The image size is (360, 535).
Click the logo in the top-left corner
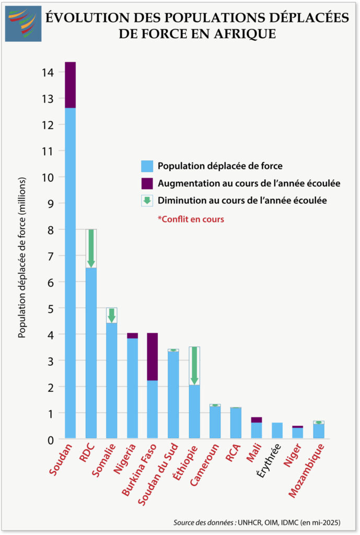point(23,24)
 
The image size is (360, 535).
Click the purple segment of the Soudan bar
point(70,85)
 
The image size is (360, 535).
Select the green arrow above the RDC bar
point(91,249)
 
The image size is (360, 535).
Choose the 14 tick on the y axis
point(48,72)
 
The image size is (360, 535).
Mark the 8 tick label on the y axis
point(50,229)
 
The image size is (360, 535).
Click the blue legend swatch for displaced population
point(147,166)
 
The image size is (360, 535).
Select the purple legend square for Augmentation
point(147,183)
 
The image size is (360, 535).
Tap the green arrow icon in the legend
point(147,200)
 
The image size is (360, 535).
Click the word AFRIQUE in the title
point(247,34)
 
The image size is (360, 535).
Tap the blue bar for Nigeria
point(132,389)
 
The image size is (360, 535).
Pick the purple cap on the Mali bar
point(256,420)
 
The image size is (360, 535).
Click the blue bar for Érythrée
point(277,431)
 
